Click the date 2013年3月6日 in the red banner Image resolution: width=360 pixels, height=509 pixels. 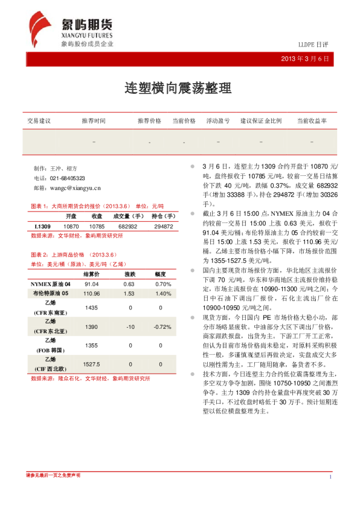pos(305,59)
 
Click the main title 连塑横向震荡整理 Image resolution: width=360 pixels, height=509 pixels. pos(179,88)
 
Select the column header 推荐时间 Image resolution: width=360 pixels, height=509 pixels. pos(94,121)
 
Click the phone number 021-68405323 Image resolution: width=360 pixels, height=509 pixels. pos(67,178)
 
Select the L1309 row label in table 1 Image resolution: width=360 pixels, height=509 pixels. pos(42,226)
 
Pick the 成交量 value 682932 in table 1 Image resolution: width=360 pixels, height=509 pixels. pos(127,226)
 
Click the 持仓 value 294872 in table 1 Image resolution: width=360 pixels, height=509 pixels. pos(163,226)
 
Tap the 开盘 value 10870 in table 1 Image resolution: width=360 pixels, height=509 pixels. pos(71,226)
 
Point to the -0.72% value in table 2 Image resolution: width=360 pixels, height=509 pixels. pos(162,327)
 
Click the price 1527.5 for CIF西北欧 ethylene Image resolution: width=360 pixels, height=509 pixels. pos(92,365)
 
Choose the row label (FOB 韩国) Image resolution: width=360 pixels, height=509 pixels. pos(51,350)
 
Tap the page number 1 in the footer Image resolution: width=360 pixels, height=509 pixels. pos(330,478)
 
